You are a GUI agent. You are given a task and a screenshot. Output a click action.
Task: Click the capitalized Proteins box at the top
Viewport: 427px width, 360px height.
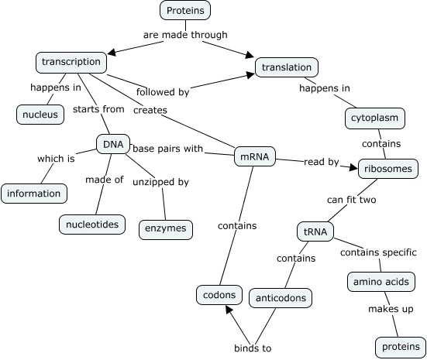[x=185, y=10]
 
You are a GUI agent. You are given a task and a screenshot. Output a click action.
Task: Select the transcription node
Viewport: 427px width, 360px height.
[x=71, y=61]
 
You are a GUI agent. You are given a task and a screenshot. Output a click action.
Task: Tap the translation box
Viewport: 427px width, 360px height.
[x=287, y=67]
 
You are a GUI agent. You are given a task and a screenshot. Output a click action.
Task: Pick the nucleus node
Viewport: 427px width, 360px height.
[x=40, y=115]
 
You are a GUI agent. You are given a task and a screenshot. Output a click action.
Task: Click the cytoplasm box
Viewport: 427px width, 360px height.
[x=376, y=118]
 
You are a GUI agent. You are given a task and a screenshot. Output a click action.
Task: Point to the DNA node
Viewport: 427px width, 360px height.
[x=112, y=143]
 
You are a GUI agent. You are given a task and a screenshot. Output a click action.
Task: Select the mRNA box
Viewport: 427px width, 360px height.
[x=255, y=157]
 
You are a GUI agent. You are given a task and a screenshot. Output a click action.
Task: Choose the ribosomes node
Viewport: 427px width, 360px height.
[x=388, y=168]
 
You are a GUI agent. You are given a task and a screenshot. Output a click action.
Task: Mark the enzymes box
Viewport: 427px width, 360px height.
[x=165, y=229]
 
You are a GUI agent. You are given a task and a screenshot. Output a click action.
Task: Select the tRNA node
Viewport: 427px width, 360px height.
[x=315, y=231]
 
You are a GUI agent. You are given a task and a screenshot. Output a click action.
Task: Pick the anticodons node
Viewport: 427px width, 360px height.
[x=281, y=297]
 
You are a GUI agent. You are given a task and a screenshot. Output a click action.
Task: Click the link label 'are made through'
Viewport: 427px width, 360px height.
[x=186, y=35]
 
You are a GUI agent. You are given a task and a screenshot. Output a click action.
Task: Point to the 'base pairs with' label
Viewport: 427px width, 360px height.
[x=167, y=148]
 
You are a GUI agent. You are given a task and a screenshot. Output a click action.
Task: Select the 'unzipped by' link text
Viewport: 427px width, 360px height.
[x=163, y=182]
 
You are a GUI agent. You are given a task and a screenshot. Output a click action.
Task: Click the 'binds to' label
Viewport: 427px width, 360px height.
[x=253, y=348]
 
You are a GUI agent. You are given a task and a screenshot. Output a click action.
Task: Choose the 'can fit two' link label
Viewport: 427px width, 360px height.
[x=351, y=200]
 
